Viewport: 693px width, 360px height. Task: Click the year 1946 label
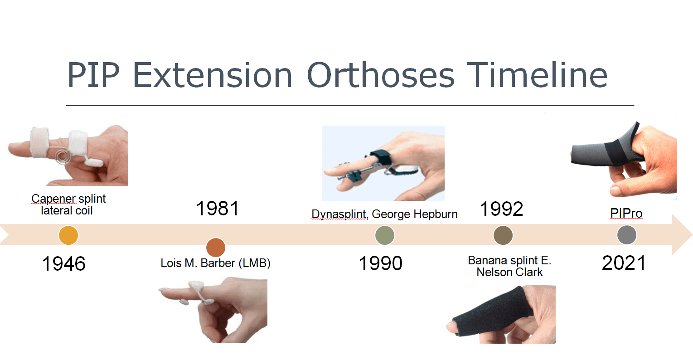[63, 264]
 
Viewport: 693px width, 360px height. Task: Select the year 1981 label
[217, 209]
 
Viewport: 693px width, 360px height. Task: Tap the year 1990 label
[380, 263]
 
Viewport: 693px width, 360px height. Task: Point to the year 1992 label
[501, 209]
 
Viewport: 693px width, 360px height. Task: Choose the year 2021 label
[624, 263]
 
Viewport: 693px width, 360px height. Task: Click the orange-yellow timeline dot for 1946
[68, 236]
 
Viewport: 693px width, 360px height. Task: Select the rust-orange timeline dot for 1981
[216, 248]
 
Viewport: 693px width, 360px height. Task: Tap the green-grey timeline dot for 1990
[385, 236]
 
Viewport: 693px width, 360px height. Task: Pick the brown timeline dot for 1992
[503, 236]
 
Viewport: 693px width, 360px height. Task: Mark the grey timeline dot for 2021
[627, 235]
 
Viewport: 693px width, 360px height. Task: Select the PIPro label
[626, 213]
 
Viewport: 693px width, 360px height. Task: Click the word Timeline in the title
[537, 75]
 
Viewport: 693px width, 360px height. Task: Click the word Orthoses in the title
[381, 75]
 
